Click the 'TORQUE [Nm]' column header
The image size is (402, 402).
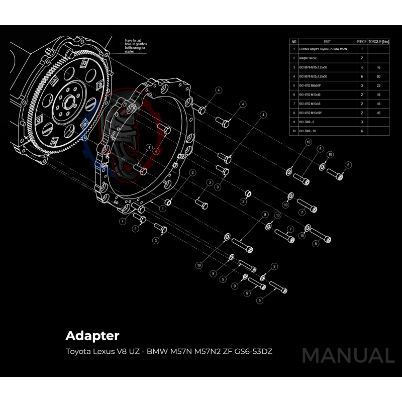pos(379,41)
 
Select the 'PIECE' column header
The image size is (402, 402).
pos(362,41)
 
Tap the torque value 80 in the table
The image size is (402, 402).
pos(378,76)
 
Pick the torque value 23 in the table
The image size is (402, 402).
pos(378,85)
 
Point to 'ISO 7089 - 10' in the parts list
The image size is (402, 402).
pos(310,131)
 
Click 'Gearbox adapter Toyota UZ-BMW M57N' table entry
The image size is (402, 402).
pos(323,49)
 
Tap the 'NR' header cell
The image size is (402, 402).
pos(294,41)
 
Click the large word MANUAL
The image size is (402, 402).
pos(348,355)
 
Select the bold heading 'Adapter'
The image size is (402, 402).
pos(92,335)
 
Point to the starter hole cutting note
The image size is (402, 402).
pos(135,48)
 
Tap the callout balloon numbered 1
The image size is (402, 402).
pos(163,208)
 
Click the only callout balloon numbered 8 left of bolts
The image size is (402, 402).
pos(265,215)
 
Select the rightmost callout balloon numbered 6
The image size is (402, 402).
pos(348,165)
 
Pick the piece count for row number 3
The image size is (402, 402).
pos(362,67)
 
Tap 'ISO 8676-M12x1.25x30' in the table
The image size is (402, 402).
pos(313,76)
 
